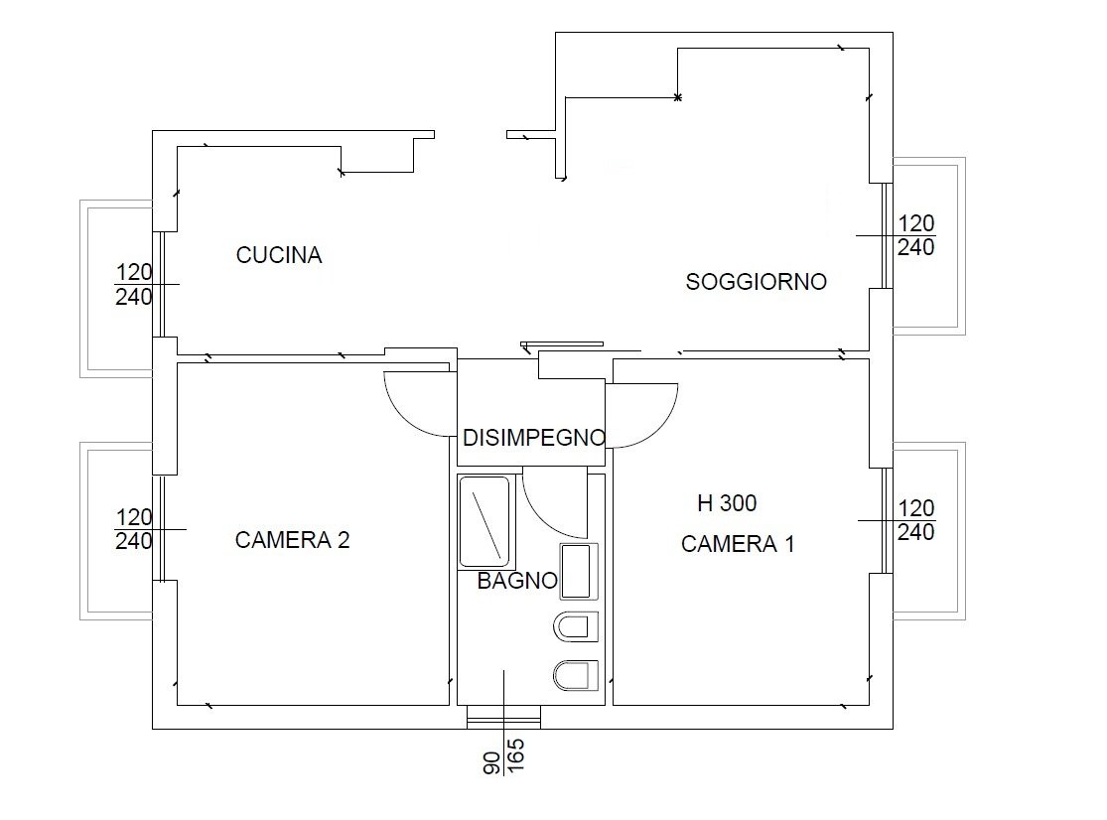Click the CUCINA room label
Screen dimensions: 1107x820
coord(279,255)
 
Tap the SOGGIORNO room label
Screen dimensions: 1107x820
coord(757,282)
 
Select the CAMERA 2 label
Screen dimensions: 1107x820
coord(292,540)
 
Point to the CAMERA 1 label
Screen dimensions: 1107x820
coord(738,544)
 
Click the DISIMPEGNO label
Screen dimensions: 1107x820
coord(534,438)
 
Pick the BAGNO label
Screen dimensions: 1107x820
coord(517,581)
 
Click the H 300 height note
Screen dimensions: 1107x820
coord(727,503)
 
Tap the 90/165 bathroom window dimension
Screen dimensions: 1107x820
coord(503,756)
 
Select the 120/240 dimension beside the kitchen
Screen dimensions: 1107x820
coord(134,284)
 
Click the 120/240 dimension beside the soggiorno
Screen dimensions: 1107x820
coord(916,235)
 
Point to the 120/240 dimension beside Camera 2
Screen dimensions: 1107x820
coord(134,529)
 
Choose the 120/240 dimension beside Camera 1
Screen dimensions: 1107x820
coord(916,520)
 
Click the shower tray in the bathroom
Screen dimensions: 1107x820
coord(484,521)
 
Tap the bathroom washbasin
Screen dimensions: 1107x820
coord(578,571)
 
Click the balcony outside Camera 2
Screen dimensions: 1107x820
coord(83,531)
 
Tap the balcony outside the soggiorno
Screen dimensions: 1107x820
coord(962,245)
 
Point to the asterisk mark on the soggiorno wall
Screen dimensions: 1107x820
coord(678,97)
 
